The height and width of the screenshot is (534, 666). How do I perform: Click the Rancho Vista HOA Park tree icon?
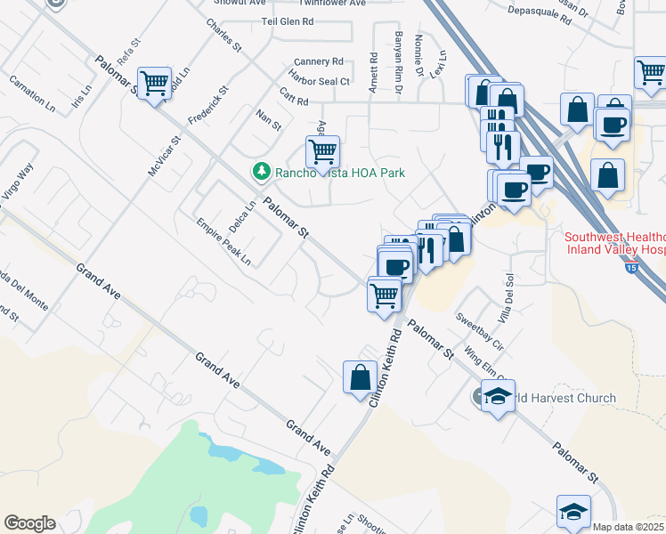pos(261,171)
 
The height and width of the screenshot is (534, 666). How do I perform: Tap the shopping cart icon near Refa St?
pos(155,85)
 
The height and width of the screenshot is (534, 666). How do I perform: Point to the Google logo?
pos(29,523)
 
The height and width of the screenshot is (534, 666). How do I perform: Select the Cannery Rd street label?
pos(318,62)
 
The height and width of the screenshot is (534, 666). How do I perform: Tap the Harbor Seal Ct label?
pos(321,82)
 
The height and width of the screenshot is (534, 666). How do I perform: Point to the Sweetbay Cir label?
pos(480,329)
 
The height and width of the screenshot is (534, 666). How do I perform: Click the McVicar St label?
pos(166,153)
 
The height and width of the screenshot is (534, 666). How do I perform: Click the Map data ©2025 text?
pos(629,527)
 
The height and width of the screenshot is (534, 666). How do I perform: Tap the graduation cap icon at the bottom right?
pos(573,511)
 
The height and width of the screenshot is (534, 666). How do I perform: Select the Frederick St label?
pos(208,105)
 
